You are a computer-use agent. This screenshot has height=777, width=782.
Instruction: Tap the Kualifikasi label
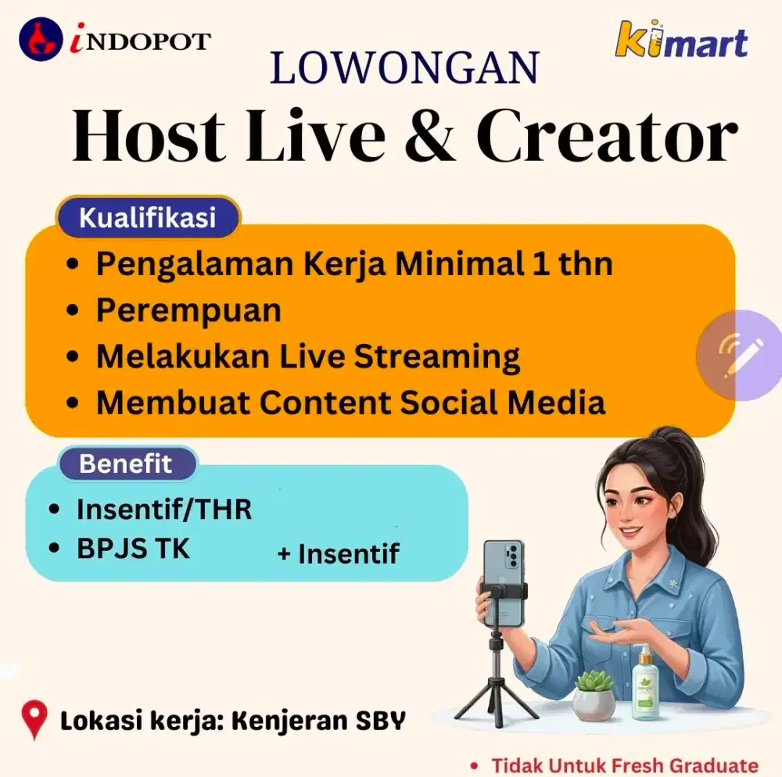tap(148, 217)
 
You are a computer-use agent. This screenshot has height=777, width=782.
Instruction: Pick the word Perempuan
tap(188, 310)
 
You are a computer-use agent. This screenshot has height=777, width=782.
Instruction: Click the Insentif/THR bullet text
tap(164, 510)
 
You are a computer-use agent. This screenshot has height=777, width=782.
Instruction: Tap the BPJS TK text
tap(133, 549)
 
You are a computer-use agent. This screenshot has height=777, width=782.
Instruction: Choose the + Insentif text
tap(338, 554)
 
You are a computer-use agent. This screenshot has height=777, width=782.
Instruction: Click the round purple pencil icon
tap(737, 356)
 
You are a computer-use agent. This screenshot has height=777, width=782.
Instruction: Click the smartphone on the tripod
tap(502, 582)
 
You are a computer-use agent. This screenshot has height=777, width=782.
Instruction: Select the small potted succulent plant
tap(594, 694)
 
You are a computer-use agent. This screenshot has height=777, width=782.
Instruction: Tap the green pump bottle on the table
tap(645, 684)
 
